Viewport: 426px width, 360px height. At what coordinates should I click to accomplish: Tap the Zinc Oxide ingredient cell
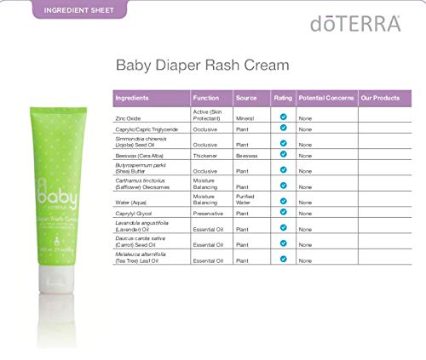click(129, 117)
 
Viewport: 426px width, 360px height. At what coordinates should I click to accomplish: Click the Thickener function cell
click(208, 157)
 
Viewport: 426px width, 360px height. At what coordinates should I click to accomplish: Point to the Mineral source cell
click(245, 117)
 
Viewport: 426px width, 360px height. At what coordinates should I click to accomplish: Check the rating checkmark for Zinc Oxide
click(283, 113)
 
